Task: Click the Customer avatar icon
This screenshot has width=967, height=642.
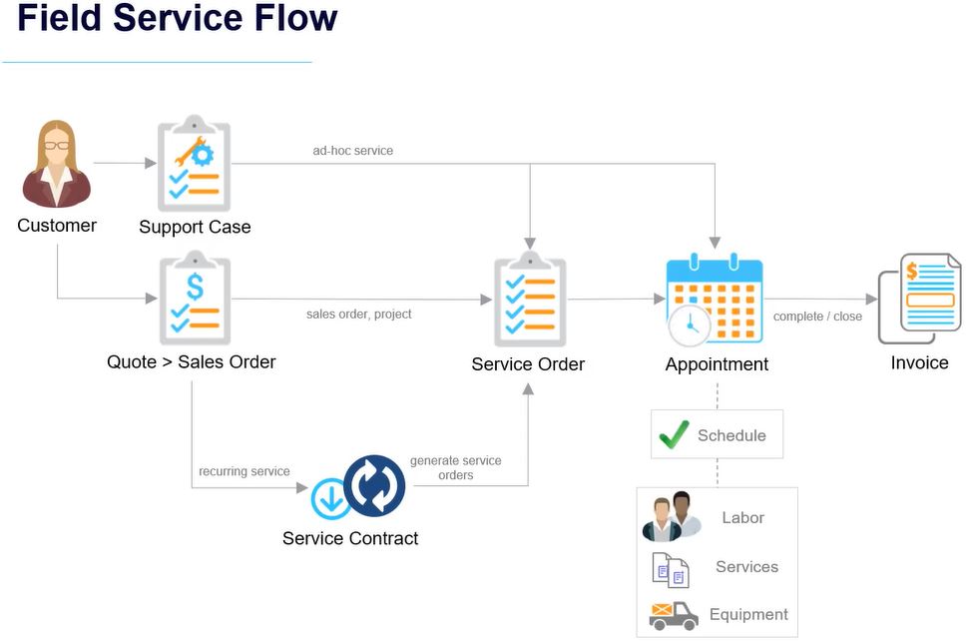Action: pos(57,164)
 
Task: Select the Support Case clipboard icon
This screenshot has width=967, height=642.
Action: pos(195,164)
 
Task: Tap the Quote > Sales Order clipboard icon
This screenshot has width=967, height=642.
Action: pos(195,299)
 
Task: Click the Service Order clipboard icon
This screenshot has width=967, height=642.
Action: pos(530,300)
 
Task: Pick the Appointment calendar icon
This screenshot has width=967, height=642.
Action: pos(716,300)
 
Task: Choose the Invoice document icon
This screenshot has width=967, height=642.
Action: pos(919,299)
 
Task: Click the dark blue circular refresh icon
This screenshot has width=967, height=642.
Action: pos(374,484)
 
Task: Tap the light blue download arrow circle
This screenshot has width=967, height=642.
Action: pos(330,498)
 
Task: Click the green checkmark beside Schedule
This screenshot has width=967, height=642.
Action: pos(674,434)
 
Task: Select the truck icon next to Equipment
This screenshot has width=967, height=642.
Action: pos(674,615)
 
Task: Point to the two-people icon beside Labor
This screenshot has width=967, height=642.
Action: pos(672,516)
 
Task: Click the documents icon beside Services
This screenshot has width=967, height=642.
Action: pos(671,570)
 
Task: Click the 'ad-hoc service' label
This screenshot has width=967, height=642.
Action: pos(352,151)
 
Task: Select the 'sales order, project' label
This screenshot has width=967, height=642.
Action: pos(359,315)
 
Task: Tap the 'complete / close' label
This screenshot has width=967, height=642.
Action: pos(817,317)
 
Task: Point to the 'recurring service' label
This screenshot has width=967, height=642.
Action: pos(244,471)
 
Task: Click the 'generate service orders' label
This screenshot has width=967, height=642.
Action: pos(456,468)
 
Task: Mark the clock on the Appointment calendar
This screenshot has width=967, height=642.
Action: pos(690,325)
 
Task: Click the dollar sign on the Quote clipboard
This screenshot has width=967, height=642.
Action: pos(195,287)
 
